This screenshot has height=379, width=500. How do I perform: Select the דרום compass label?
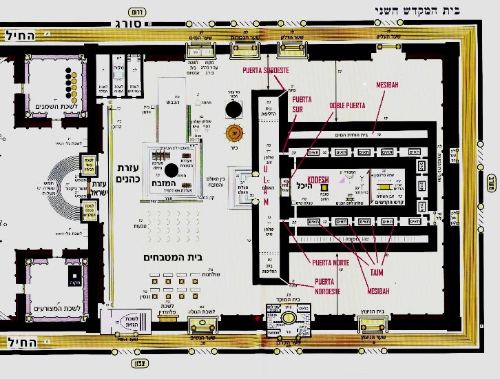[x=136, y=12]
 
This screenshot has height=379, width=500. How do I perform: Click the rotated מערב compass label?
[x=491, y=185]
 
